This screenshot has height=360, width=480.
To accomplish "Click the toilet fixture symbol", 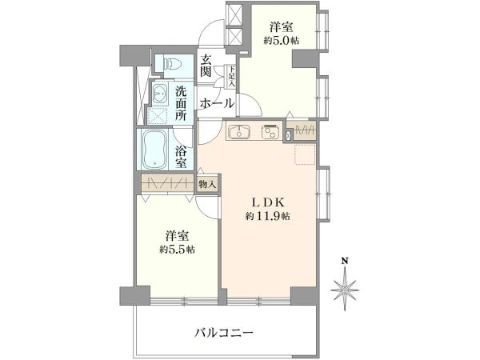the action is (174, 64).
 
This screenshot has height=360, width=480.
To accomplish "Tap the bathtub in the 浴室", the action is (154, 150).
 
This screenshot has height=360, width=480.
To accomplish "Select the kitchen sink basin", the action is (238, 131).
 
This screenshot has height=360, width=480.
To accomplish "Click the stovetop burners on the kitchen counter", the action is (270, 131).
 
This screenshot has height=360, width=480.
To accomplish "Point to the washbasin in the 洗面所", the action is (159, 94).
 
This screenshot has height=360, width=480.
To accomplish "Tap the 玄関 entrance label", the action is (206, 66).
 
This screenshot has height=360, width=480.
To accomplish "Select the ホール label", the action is (217, 104).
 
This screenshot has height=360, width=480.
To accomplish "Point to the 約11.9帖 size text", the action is (267, 217).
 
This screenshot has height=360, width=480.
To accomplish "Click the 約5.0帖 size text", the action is (282, 41).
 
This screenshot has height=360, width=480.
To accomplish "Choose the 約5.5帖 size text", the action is (178, 250).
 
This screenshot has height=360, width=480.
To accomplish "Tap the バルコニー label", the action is (224, 332).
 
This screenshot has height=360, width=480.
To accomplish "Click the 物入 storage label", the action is (207, 184).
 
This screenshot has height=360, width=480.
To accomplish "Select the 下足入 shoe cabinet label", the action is (231, 76).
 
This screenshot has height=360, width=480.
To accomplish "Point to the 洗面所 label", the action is (181, 103).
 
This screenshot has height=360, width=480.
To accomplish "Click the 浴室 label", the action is (181, 156).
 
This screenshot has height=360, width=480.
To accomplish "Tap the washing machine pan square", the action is (158, 116).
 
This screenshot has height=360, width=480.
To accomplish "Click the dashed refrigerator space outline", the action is (305, 155).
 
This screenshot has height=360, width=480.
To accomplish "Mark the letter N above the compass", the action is (345, 261).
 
